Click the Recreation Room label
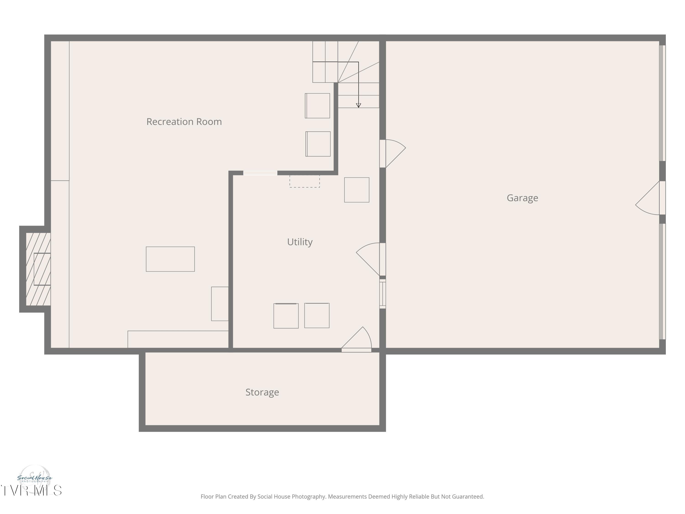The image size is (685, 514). click(184, 122)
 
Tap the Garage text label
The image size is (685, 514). click(522, 198)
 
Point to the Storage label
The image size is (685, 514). click(262, 392)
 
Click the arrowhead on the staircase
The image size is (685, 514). click(358, 105)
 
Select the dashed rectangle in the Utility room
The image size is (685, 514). click(304, 181)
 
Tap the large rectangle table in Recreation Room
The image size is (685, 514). click(170, 259)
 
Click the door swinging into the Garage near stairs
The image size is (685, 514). click(393, 153)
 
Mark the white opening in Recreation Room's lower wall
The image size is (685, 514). click(260, 173)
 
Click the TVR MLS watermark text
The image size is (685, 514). click(31, 490)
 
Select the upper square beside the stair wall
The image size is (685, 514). click(317, 106)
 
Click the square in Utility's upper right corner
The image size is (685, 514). click(356, 190)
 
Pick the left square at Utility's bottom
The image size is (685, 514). click(286, 316)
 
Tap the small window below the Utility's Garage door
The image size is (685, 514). click(382, 294)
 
